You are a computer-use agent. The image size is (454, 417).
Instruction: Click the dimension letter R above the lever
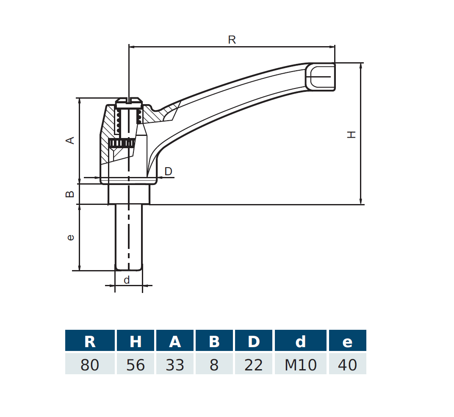coord(232,40)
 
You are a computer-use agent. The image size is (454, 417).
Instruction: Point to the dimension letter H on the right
coord(352,134)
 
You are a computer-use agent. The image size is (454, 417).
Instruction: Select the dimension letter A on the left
coord(70,140)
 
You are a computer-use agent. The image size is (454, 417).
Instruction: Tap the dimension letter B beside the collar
coord(70,194)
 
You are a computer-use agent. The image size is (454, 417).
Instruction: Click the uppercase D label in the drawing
coord(168,171)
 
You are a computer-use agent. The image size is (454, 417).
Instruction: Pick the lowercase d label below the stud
coord(127,280)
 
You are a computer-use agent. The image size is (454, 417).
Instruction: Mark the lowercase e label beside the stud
coord(70,237)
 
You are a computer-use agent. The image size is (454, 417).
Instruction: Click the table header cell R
coord(90,341)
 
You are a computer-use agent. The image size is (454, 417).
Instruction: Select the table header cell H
coord(136,341)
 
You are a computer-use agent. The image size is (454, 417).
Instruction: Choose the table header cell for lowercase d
coord(300,341)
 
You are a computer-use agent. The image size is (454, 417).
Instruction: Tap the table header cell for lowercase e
coord(347,341)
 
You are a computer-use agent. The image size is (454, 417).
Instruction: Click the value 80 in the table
coord(90,365)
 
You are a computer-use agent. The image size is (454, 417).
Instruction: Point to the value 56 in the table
coord(136,365)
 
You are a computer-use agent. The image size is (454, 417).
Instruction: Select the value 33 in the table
coord(175,365)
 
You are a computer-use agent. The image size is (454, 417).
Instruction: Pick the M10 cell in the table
coord(300,365)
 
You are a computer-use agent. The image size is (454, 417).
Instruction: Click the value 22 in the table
coord(254,365)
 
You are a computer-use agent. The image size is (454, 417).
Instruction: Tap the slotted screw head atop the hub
coord(129,102)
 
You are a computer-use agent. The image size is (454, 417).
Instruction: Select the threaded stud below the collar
coord(129,237)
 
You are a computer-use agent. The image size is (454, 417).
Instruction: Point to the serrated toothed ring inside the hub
coord(122,143)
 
